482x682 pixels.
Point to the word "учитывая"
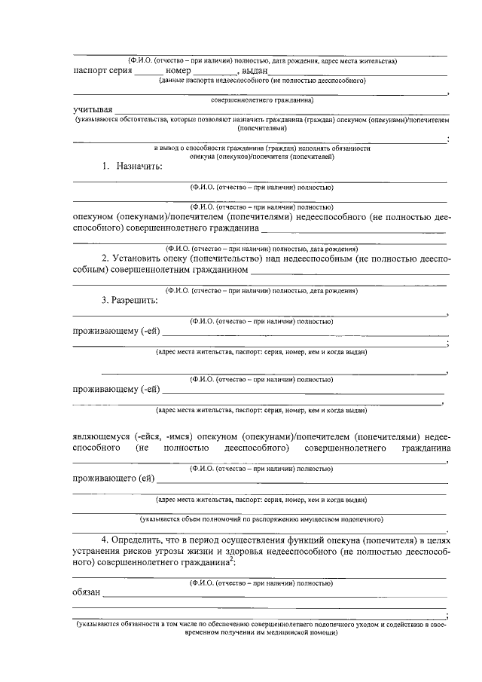(93, 110)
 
